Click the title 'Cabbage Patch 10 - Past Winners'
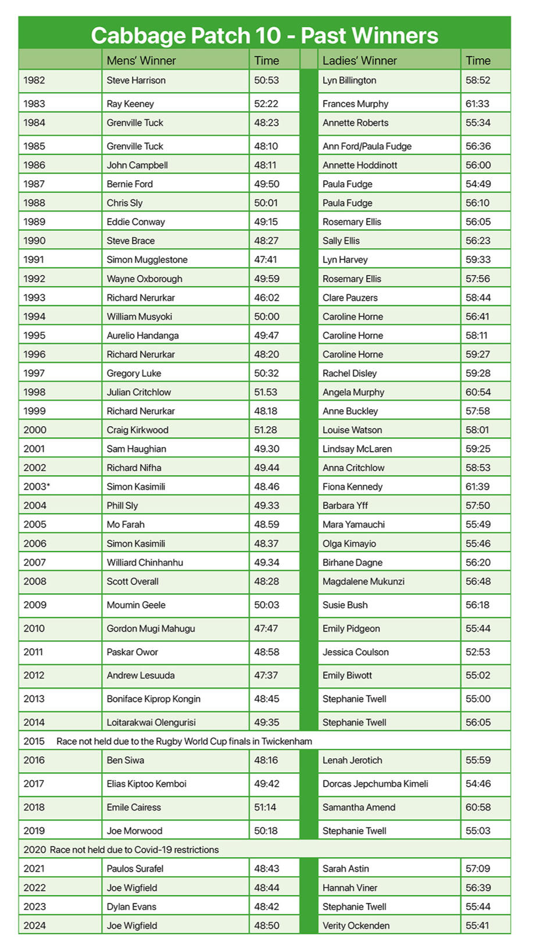pyautogui.click(x=264, y=35)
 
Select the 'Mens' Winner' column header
pyautogui.click(x=141, y=60)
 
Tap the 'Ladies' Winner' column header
pyautogui.click(x=359, y=60)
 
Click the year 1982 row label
pyautogui.click(x=34, y=80)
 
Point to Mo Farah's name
pyautogui.click(x=126, y=524)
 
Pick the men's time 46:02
pyautogui.click(x=266, y=298)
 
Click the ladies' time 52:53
pyautogui.click(x=478, y=652)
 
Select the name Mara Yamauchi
pyautogui.click(x=353, y=524)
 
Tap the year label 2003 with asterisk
pyautogui.click(x=37, y=487)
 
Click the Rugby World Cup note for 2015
pyautogui.click(x=184, y=741)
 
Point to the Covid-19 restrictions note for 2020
pyautogui.click(x=134, y=850)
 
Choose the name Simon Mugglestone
pyautogui.click(x=147, y=260)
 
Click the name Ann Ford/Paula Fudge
pyautogui.click(x=367, y=147)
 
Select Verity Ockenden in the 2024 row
pyautogui.click(x=356, y=926)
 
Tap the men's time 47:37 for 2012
pyautogui.click(x=266, y=676)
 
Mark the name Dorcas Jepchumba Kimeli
pyautogui.click(x=375, y=784)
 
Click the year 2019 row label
pyautogui.click(x=34, y=831)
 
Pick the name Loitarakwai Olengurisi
pyautogui.click(x=151, y=723)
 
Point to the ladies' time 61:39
pyautogui.click(x=478, y=487)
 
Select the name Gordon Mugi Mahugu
pyautogui.click(x=150, y=628)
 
